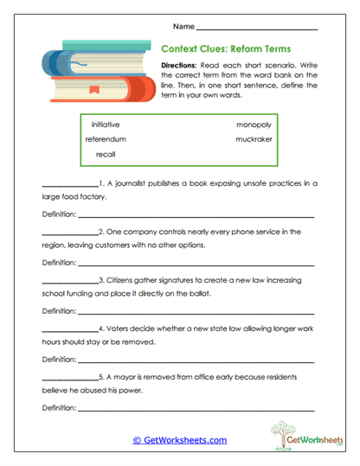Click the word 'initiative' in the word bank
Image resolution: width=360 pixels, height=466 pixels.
106,124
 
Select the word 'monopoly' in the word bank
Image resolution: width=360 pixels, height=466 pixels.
253,124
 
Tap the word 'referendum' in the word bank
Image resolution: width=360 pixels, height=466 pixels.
106,138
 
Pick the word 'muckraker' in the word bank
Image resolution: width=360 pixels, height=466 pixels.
252,138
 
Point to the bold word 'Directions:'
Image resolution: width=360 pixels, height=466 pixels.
180,66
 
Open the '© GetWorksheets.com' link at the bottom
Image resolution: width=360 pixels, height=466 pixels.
179,440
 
